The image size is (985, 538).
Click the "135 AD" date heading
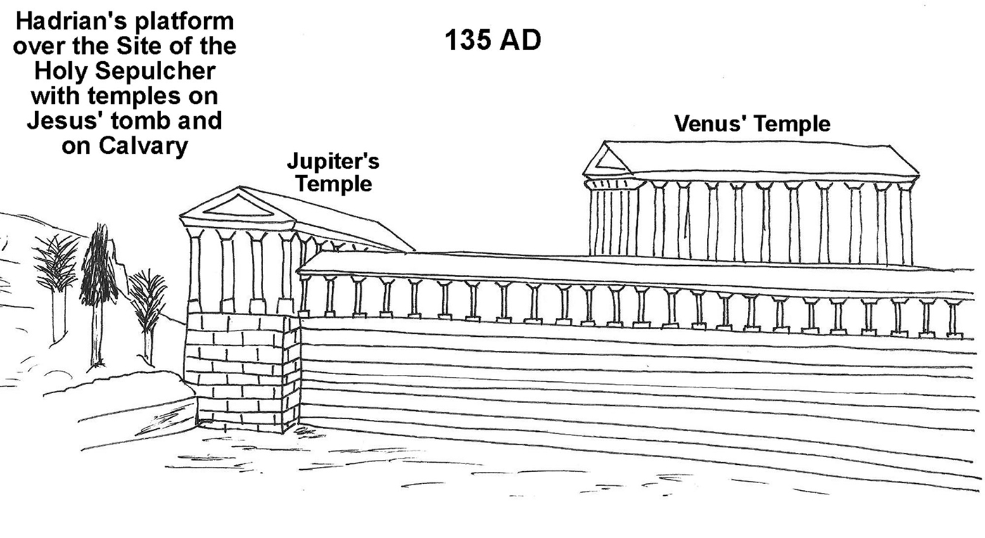point(493,40)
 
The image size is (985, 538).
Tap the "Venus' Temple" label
point(752,124)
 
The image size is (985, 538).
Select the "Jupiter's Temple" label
point(333,172)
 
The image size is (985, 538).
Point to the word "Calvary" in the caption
point(144,146)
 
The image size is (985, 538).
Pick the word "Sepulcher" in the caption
point(155,71)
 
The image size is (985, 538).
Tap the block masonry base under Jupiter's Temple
point(242,373)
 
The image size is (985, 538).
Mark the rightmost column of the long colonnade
point(953,319)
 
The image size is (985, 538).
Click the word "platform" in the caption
point(184,22)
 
